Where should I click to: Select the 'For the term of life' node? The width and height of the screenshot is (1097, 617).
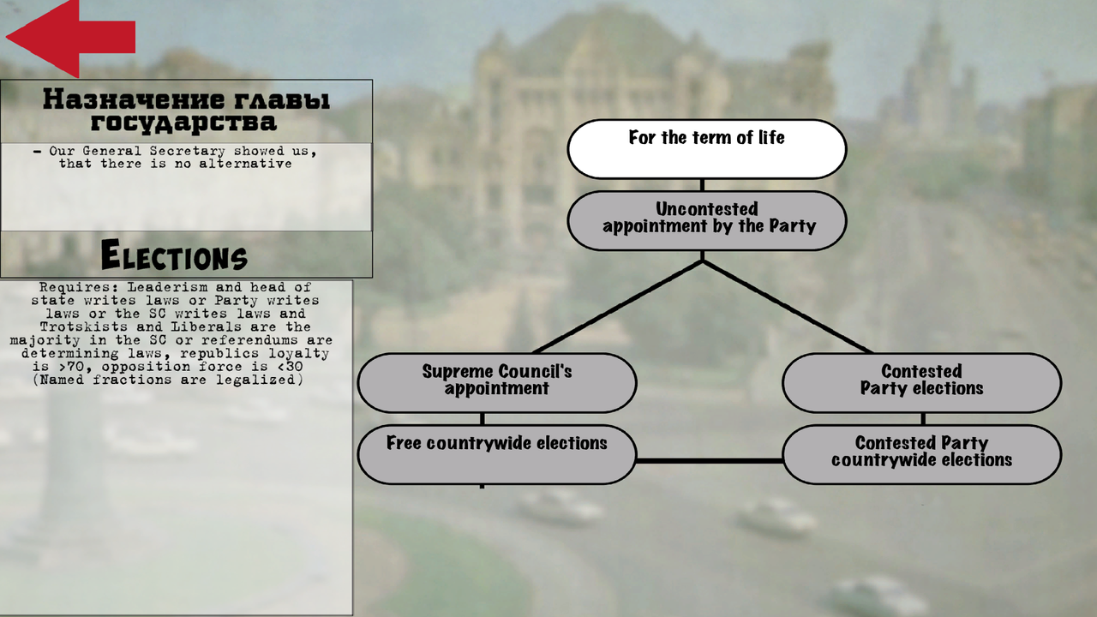click(707, 149)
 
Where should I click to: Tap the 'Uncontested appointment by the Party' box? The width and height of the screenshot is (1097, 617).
click(707, 221)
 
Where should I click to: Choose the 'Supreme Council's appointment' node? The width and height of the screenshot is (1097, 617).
click(497, 382)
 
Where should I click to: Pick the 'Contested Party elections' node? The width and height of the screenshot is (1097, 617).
click(921, 382)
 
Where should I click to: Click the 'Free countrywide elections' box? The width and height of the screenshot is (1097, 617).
click(497, 454)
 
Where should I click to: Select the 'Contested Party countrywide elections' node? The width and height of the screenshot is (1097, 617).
click(921, 454)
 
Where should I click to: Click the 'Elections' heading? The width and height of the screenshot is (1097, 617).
click(174, 255)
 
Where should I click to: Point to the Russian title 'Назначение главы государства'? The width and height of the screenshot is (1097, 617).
click(186, 111)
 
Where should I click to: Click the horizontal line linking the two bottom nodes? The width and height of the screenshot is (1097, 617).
click(710, 461)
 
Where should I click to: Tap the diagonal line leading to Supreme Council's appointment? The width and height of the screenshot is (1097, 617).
click(618, 307)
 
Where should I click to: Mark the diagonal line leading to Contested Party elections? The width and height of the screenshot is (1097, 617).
click(788, 307)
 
